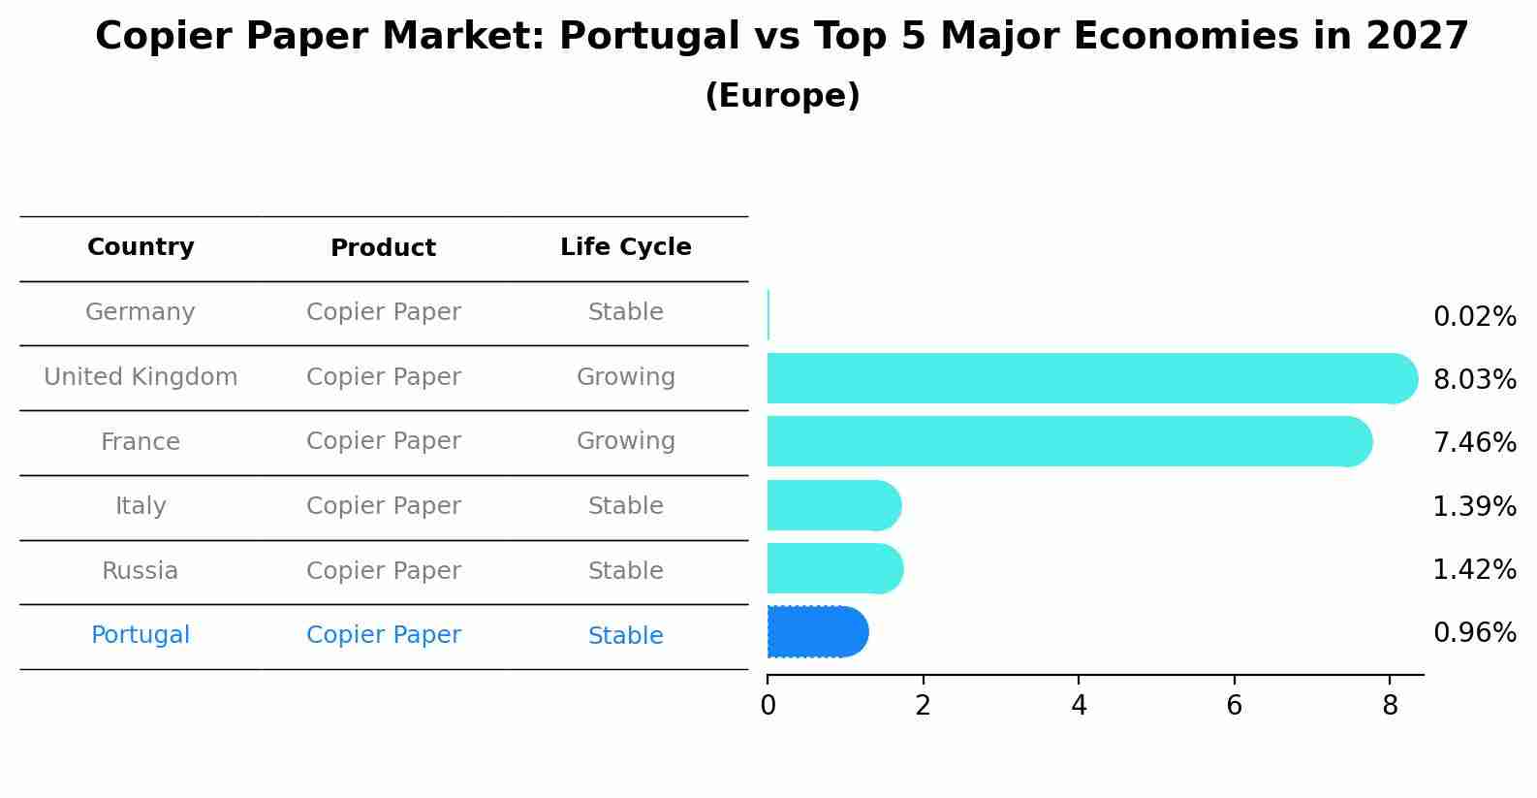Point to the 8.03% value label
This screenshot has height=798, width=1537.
point(1474,380)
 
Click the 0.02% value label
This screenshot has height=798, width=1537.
point(1474,317)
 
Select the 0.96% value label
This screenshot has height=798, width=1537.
point(1474,633)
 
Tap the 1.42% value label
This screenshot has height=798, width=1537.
point(1474,569)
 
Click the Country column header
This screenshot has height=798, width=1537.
point(141,247)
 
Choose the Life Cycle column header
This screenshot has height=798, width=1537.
point(625,247)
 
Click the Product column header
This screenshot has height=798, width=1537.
point(383,248)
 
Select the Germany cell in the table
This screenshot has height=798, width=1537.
point(141,312)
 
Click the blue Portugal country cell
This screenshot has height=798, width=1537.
point(141,635)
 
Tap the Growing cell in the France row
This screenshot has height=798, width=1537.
point(625,441)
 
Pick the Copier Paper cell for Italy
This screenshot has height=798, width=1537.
point(383,506)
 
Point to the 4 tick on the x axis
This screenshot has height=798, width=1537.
point(1079,706)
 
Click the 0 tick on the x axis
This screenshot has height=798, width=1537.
point(768,706)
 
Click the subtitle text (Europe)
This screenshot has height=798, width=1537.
point(782,96)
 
